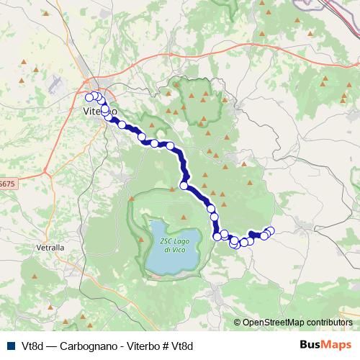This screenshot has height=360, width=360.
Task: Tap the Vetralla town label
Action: (x=50, y=247)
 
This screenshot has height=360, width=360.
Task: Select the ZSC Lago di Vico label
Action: (x=167, y=246)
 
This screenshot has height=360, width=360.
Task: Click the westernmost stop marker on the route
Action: (x=89, y=97)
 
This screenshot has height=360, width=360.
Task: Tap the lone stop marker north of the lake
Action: (x=184, y=186)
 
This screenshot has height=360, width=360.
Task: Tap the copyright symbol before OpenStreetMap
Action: (x=238, y=322)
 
